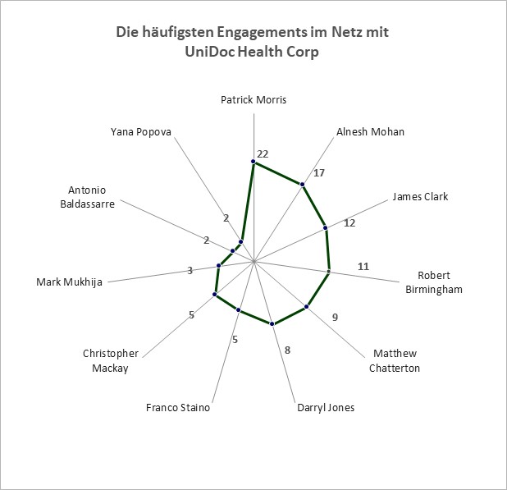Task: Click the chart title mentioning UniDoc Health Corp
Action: tap(252, 42)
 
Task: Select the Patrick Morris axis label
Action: tap(253, 99)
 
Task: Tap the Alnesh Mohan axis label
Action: tap(370, 131)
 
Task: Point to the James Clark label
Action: tap(420, 196)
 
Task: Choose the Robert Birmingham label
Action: tap(434, 282)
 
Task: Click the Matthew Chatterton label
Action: tap(395, 360)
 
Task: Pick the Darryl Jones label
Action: tap(326, 408)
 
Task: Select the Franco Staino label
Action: tap(178, 408)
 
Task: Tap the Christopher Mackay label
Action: tap(111, 360)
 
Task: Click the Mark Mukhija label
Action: tap(69, 282)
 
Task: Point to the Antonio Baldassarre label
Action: tap(87, 197)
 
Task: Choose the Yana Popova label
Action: tap(141, 132)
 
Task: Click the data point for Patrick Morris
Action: tap(253, 162)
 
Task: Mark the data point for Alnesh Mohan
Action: tap(303, 185)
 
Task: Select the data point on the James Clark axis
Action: tap(326, 228)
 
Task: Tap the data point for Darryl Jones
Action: tap(272, 323)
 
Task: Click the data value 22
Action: tap(263, 154)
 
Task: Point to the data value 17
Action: tap(319, 173)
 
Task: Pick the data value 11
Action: tap(363, 267)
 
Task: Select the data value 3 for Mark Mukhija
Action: tap(190, 270)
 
